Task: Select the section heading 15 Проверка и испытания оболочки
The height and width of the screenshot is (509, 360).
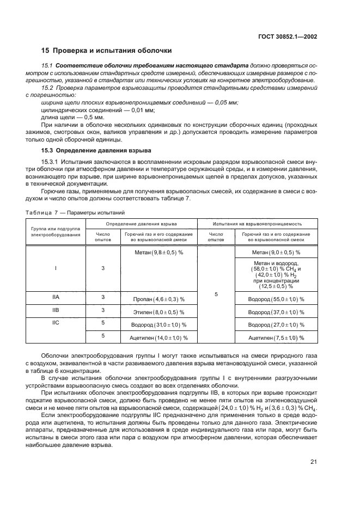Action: tap(107, 51)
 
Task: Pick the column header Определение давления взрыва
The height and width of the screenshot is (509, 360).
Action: tap(141, 224)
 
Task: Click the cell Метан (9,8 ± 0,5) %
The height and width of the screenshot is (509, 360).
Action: tap(158, 253)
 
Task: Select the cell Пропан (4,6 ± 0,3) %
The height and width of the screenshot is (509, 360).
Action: tap(158, 299)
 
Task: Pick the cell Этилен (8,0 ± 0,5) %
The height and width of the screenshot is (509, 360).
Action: tap(158, 312)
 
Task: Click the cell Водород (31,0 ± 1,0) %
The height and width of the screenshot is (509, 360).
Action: tap(158, 325)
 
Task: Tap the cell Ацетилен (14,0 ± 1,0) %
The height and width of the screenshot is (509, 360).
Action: tap(158, 338)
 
